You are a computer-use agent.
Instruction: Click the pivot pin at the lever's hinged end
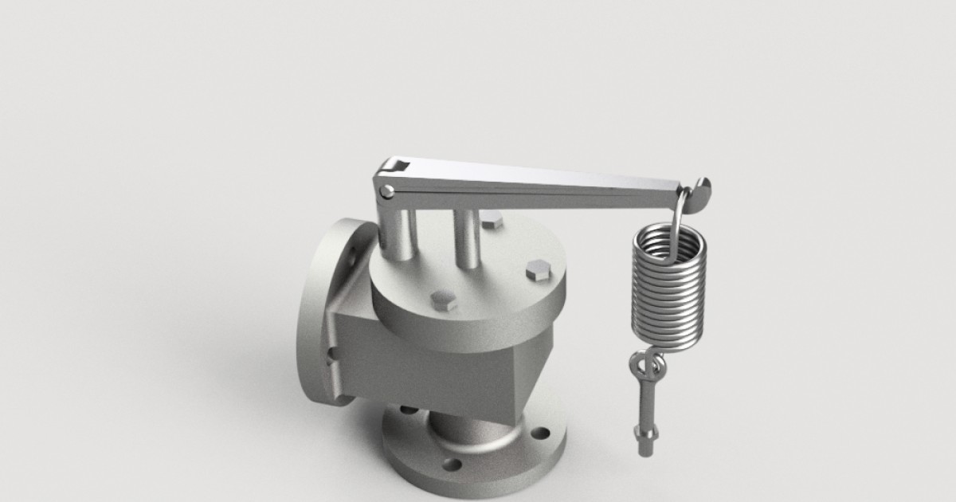(x=386, y=191)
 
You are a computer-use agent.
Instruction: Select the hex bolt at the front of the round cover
(x=443, y=300)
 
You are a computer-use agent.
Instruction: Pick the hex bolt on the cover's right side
(x=536, y=270)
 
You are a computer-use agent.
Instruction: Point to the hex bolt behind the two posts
(x=492, y=222)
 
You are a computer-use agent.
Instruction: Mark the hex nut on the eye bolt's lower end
(x=646, y=436)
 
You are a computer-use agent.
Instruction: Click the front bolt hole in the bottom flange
(x=453, y=463)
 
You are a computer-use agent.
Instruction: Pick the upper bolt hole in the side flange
(x=348, y=257)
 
